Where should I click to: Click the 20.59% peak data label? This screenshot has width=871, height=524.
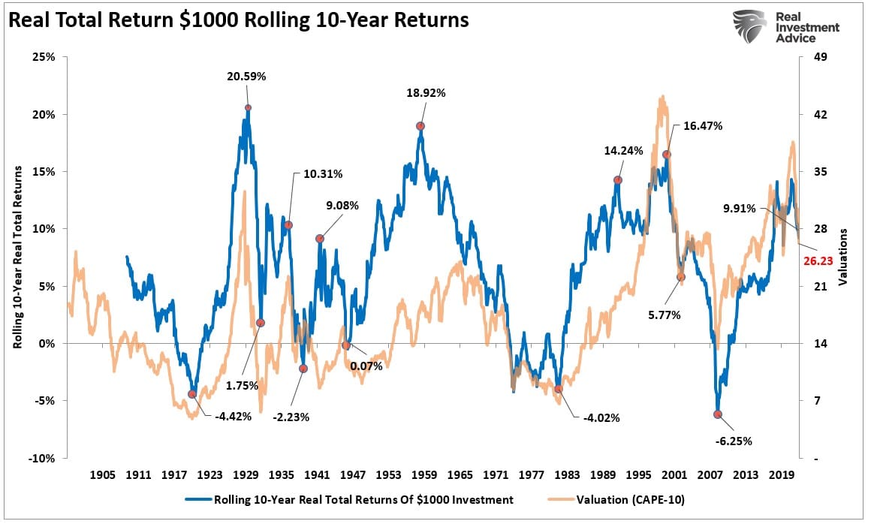(x=248, y=77)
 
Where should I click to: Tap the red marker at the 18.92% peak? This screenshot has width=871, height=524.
(x=420, y=126)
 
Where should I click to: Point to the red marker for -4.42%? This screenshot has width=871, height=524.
(x=192, y=394)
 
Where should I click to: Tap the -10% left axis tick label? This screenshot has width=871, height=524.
(x=42, y=458)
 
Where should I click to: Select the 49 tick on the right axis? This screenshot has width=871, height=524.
(x=815, y=57)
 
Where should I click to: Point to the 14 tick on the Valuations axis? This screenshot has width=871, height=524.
(x=815, y=343)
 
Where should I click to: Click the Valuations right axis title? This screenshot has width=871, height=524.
(x=844, y=257)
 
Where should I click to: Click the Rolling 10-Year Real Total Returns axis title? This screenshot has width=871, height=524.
(x=17, y=257)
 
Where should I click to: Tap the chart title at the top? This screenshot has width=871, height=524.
(x=239, y=20)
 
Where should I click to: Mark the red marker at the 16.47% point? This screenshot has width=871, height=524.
(x=666, y=155)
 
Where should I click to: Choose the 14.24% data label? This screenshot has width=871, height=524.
(x=623, y=150)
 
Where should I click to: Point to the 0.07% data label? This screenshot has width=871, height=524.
(x=366, y=366)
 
